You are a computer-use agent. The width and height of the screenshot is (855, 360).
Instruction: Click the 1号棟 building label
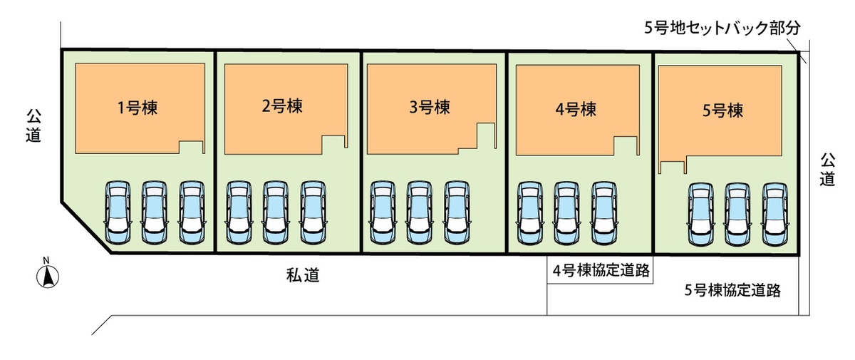[138, 108]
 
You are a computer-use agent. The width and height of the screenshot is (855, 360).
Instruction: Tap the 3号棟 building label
[430, 108]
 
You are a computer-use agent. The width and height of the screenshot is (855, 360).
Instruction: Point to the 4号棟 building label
[575, 110]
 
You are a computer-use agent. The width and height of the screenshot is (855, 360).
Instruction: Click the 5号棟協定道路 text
[732, 290]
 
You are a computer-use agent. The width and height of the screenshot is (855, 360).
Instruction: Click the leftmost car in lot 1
[118, 211]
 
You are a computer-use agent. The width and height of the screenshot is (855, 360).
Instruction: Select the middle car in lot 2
[275, 212]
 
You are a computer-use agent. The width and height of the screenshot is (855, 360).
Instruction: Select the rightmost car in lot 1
[191, 211]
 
